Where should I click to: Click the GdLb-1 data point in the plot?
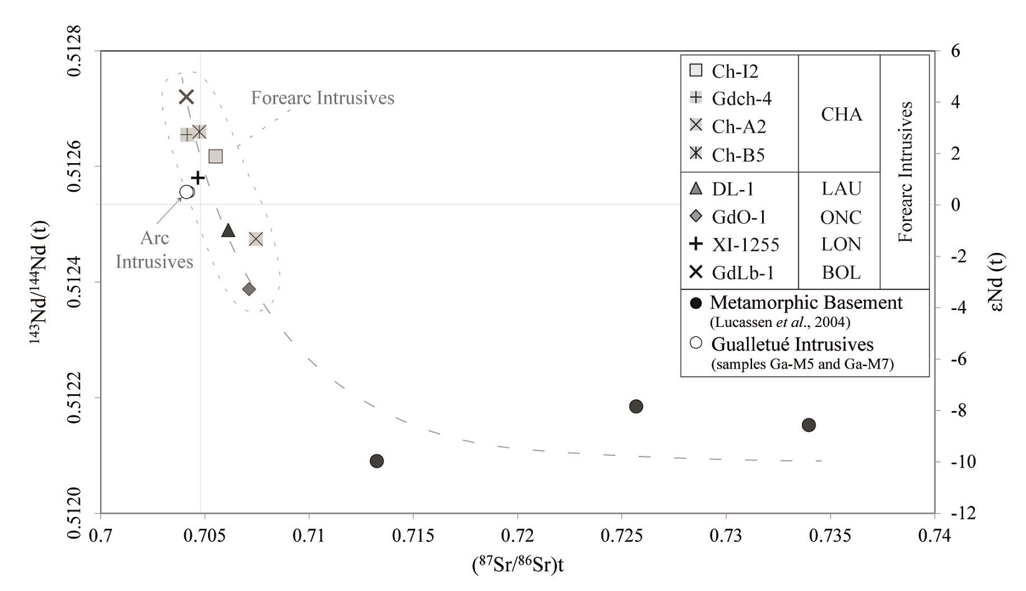click(x=186, y=97)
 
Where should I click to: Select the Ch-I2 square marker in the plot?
click(x=215, y=156)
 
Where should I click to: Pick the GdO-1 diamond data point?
click(x=249, y=289)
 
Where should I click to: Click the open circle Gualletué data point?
click(x=187, y=192)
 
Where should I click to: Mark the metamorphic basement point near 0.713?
click(x=377, y=461)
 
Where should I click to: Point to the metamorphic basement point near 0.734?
click(x=809, y=425)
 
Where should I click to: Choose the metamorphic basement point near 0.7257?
click(x=636, y=407)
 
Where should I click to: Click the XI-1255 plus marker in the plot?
click(x=198, y=178)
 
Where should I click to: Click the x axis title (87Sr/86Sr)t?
click(x=518, y=565)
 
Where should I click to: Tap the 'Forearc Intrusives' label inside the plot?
click(x=322, y=98)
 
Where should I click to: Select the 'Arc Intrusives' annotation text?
click(x=154, y=250)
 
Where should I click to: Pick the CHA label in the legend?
click(x=841, y=114)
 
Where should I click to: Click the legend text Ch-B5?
click(x=738, y=154)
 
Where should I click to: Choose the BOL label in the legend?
click(x=841, y=272)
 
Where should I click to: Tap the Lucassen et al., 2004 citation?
click(x=780, y=323)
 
